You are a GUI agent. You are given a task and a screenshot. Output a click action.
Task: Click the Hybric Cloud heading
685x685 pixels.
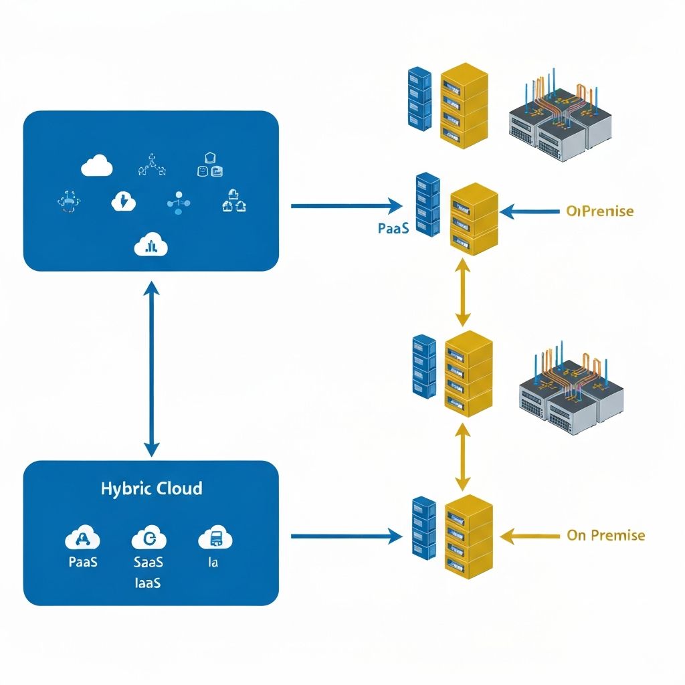151,488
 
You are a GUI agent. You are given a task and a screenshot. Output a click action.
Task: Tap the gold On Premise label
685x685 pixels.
605,535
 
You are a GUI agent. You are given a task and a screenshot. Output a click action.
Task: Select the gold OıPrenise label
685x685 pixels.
599,211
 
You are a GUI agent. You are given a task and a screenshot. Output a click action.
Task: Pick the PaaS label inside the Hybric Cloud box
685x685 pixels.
83,562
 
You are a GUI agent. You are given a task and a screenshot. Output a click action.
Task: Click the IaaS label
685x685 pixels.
148,583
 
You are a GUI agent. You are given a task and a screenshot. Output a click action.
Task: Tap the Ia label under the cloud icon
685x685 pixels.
213,562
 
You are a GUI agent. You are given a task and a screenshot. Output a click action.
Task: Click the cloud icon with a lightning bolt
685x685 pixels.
123,201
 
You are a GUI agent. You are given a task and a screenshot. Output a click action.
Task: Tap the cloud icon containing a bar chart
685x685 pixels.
151,246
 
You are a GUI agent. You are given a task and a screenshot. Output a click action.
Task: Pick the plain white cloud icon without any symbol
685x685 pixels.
96,165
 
